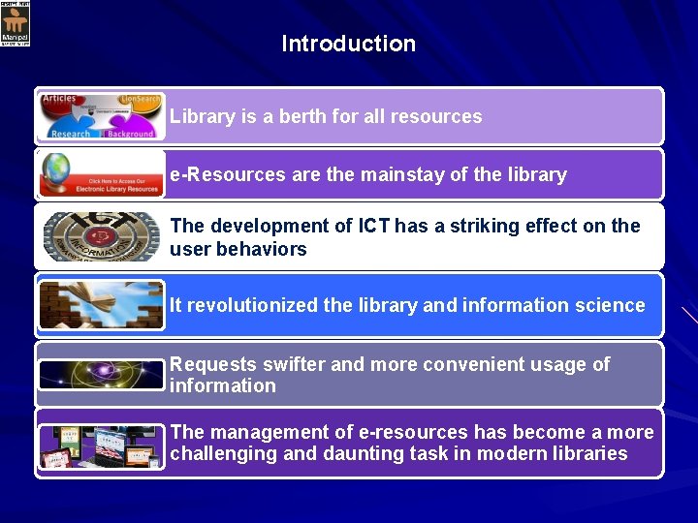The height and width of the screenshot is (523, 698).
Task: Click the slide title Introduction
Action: pos(348,44)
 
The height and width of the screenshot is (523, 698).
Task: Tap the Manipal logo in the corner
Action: pos(16,23)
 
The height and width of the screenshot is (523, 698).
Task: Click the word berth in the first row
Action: pos(303,116)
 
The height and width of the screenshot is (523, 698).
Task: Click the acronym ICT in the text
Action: pos(373,226)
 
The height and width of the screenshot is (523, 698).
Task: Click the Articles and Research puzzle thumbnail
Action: pos(101,117)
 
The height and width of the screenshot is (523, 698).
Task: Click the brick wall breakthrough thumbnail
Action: pos(101,305)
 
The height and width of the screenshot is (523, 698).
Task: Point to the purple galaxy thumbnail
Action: pos(101,374)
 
